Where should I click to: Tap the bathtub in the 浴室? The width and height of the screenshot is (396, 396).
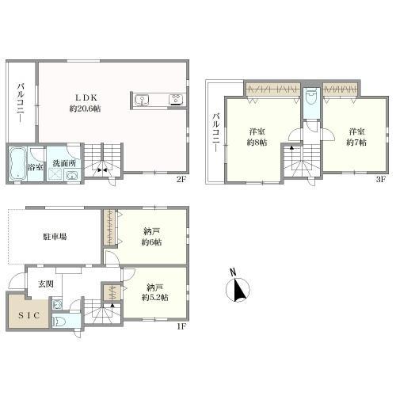18,164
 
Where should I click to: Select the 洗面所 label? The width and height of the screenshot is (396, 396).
64,163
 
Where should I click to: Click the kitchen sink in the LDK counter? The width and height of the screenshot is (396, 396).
142,101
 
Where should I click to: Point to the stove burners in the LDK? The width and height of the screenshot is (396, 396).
176,100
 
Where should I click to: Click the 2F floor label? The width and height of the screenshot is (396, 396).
181,180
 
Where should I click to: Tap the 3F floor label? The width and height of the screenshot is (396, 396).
381,180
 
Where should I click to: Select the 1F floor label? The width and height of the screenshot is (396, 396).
181,326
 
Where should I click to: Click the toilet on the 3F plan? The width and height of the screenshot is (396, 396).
311,97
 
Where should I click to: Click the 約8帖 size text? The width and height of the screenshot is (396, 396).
257,143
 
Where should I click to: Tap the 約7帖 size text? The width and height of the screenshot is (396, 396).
356,143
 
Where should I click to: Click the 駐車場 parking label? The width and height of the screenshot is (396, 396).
55,236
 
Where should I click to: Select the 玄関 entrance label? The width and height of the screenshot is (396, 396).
46,284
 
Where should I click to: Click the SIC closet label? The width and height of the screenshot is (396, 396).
29,315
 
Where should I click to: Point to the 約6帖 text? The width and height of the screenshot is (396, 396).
151,242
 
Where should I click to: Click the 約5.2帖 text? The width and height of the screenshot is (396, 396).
154,298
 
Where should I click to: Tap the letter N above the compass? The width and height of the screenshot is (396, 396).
233,272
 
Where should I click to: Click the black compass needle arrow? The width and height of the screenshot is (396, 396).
240,290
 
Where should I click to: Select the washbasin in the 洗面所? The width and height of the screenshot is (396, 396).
71,175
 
